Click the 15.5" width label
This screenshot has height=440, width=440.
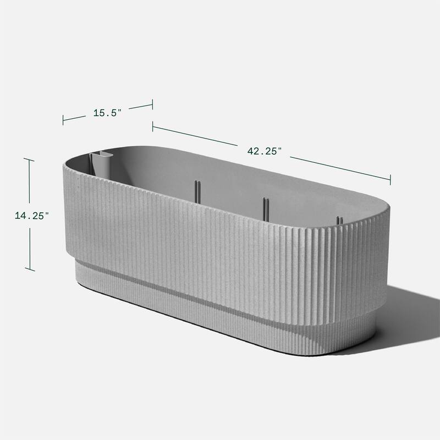(x=107, y=112)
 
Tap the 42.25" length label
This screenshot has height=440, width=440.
(x=264, y=151)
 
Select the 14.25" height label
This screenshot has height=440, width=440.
(x=32, y=216)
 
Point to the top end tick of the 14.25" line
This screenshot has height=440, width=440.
(x=29, y=160)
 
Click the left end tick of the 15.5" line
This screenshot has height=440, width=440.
(x=63, y=120)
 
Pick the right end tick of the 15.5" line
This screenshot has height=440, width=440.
(x=152, y=105)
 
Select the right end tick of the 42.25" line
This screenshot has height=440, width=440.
(x=391, y=179)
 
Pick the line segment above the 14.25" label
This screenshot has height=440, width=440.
(x=29, y=182)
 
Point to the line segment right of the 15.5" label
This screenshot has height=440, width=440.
(x=139, y=107)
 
